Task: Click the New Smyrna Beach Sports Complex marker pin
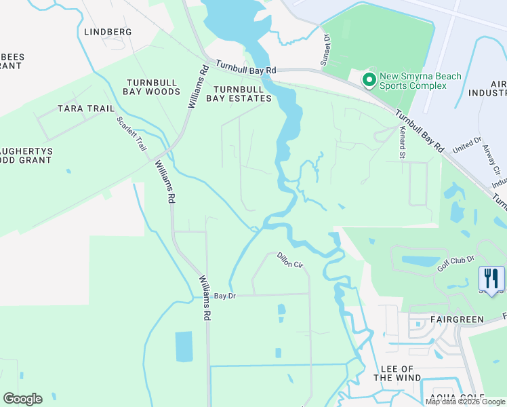pos(369,81)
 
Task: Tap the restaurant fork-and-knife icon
pos(491,278)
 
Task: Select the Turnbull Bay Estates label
pos(243,94)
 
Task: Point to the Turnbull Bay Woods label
pos(152,87)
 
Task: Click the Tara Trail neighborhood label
pos(85,109)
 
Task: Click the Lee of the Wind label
pos(401,373)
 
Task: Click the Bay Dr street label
pos(224,296)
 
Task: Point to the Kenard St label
pos(402,143)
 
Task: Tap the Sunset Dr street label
pos(326,50)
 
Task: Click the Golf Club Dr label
pos(455,263)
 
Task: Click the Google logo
pos(22,399)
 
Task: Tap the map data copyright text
pos(465,402)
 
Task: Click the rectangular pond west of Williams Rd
pos(184,347)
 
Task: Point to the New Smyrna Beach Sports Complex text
pos(411,81)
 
